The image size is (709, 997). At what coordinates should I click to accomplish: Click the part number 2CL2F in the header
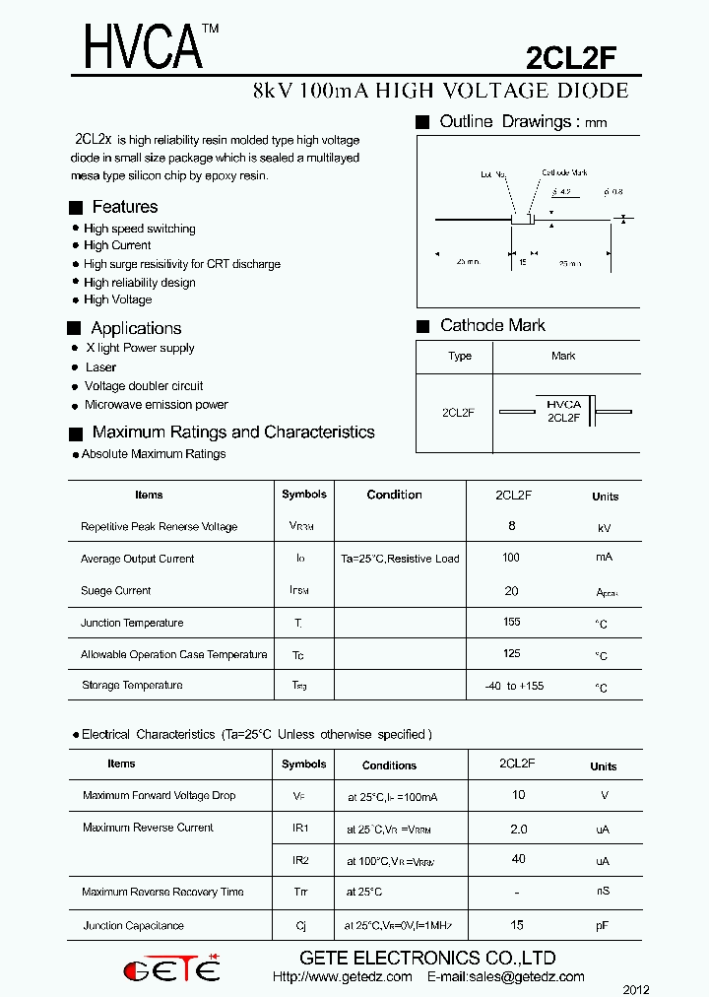coord(571,60)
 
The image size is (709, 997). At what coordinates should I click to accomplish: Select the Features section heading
coord(124,207)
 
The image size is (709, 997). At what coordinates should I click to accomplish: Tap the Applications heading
coord(136,328)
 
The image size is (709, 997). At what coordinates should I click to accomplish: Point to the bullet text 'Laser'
coord(100,367)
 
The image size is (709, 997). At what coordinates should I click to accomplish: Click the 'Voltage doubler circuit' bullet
coord(144,386)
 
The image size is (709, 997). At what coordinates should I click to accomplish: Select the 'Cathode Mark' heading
coord(492,326)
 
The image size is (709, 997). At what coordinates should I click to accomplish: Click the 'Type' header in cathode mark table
coord(460,357)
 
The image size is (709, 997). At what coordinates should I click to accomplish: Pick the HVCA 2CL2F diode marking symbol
coord(564,411)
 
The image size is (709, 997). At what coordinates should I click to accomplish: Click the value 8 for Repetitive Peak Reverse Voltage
coord(512,526)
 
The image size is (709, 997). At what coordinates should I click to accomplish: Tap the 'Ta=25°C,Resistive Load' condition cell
coord(400,559)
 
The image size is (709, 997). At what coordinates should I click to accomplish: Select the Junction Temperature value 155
coord(511,623)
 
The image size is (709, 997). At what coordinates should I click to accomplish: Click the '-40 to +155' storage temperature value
coord(514,686)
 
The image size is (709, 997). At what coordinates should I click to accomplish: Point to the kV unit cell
coord(605,529)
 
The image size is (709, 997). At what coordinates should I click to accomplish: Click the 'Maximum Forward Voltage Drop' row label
coord(160,795)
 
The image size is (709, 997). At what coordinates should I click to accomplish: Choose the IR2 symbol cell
coord(300,860)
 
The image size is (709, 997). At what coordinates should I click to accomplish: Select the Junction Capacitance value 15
coord(517,925)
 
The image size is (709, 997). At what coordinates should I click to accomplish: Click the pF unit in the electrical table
coord(603,927)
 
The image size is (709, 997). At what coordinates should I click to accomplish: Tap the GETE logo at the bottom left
coord(171,969)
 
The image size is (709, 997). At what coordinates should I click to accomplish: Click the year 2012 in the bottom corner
coord(636,989)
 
